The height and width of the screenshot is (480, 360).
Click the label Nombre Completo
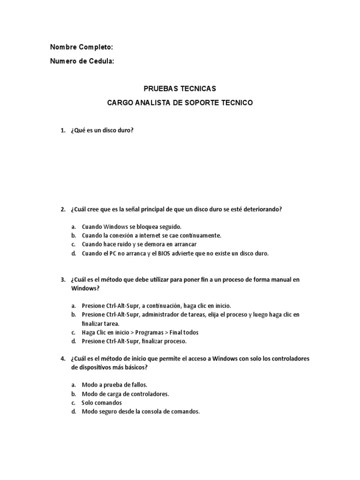(x=82, y=47)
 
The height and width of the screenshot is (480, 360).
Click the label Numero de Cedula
(x=82, y=61)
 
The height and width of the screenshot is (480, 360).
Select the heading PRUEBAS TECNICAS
(x=180, y=89)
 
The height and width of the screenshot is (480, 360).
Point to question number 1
(x=63, y=131)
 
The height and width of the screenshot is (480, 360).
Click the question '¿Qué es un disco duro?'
(x=102, y=131)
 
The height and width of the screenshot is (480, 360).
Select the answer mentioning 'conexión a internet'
(x=151, y=236)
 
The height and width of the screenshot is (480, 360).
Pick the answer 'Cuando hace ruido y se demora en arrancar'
(x=139, y=245)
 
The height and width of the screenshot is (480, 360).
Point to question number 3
(x=63, y=280)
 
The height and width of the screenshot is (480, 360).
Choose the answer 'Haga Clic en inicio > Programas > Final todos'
(x=140, y=332)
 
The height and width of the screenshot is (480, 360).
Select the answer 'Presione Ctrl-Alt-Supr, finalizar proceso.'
(x=134, y=341)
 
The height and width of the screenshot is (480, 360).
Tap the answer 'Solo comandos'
(x=102, y=403)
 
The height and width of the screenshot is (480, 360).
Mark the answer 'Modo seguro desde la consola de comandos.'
(x=141, y=412)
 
